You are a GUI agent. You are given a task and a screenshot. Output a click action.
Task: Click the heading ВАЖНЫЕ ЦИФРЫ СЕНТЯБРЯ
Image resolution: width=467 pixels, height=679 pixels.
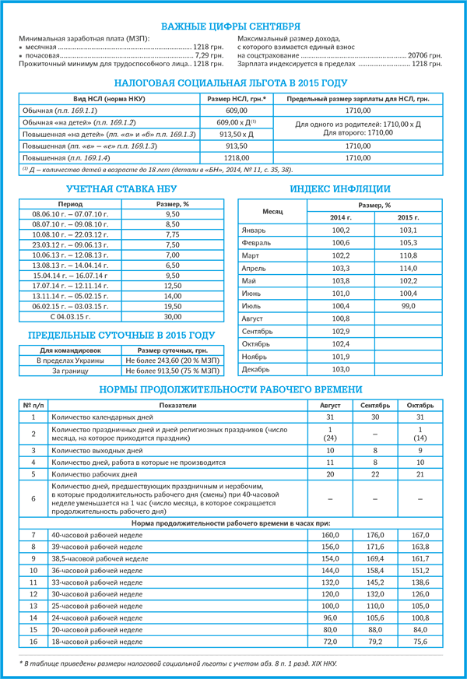click(233, 27)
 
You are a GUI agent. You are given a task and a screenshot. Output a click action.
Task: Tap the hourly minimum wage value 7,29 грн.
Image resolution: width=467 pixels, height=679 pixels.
click(203, 56)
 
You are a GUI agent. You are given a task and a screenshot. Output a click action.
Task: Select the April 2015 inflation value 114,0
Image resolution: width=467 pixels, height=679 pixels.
click(408, 268)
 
